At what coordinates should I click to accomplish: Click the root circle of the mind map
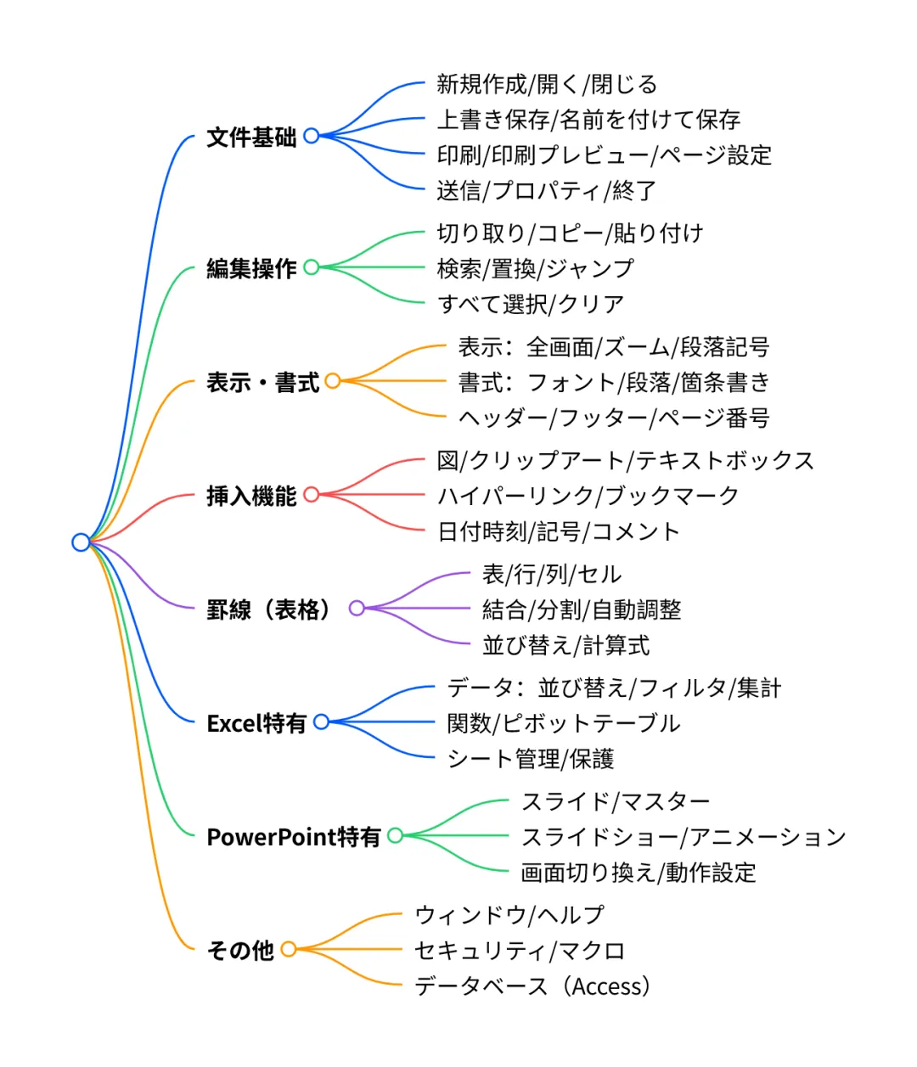81,542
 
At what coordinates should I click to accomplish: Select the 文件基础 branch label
251,137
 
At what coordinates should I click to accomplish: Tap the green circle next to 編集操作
312,267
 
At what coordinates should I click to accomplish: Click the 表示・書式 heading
262,382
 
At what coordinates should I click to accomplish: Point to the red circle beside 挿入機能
312,495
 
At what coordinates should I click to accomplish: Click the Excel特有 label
256,723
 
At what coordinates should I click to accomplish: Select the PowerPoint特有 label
294,837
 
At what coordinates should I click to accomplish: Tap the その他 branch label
240,950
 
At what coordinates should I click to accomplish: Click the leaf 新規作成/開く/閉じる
547,84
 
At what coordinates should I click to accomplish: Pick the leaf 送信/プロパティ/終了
546,190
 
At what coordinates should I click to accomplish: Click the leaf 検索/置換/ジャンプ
535,268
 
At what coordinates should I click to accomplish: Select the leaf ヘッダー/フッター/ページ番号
614,418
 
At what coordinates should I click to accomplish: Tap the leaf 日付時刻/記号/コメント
558,531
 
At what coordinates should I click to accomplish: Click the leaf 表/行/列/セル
552,575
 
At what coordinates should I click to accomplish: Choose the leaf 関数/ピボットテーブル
564,723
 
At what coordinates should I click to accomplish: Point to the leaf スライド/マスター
616,801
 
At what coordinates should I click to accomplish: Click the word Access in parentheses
608,986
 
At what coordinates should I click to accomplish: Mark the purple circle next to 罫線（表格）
357,609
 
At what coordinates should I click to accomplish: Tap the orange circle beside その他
289,949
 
